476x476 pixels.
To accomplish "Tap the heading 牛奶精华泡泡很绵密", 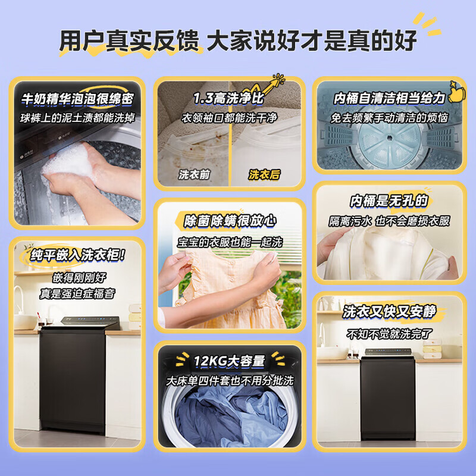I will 77,99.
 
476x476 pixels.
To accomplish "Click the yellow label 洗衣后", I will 264,174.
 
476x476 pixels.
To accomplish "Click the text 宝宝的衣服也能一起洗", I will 230,242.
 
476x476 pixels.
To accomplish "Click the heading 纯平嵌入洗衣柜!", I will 78,256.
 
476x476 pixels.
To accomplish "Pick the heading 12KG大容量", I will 230,361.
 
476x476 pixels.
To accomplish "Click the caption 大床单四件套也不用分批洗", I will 230,380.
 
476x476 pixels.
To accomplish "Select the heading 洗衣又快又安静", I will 389,312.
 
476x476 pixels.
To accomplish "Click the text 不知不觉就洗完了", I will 389,333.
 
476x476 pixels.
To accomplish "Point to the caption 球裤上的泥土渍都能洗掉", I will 77,118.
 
